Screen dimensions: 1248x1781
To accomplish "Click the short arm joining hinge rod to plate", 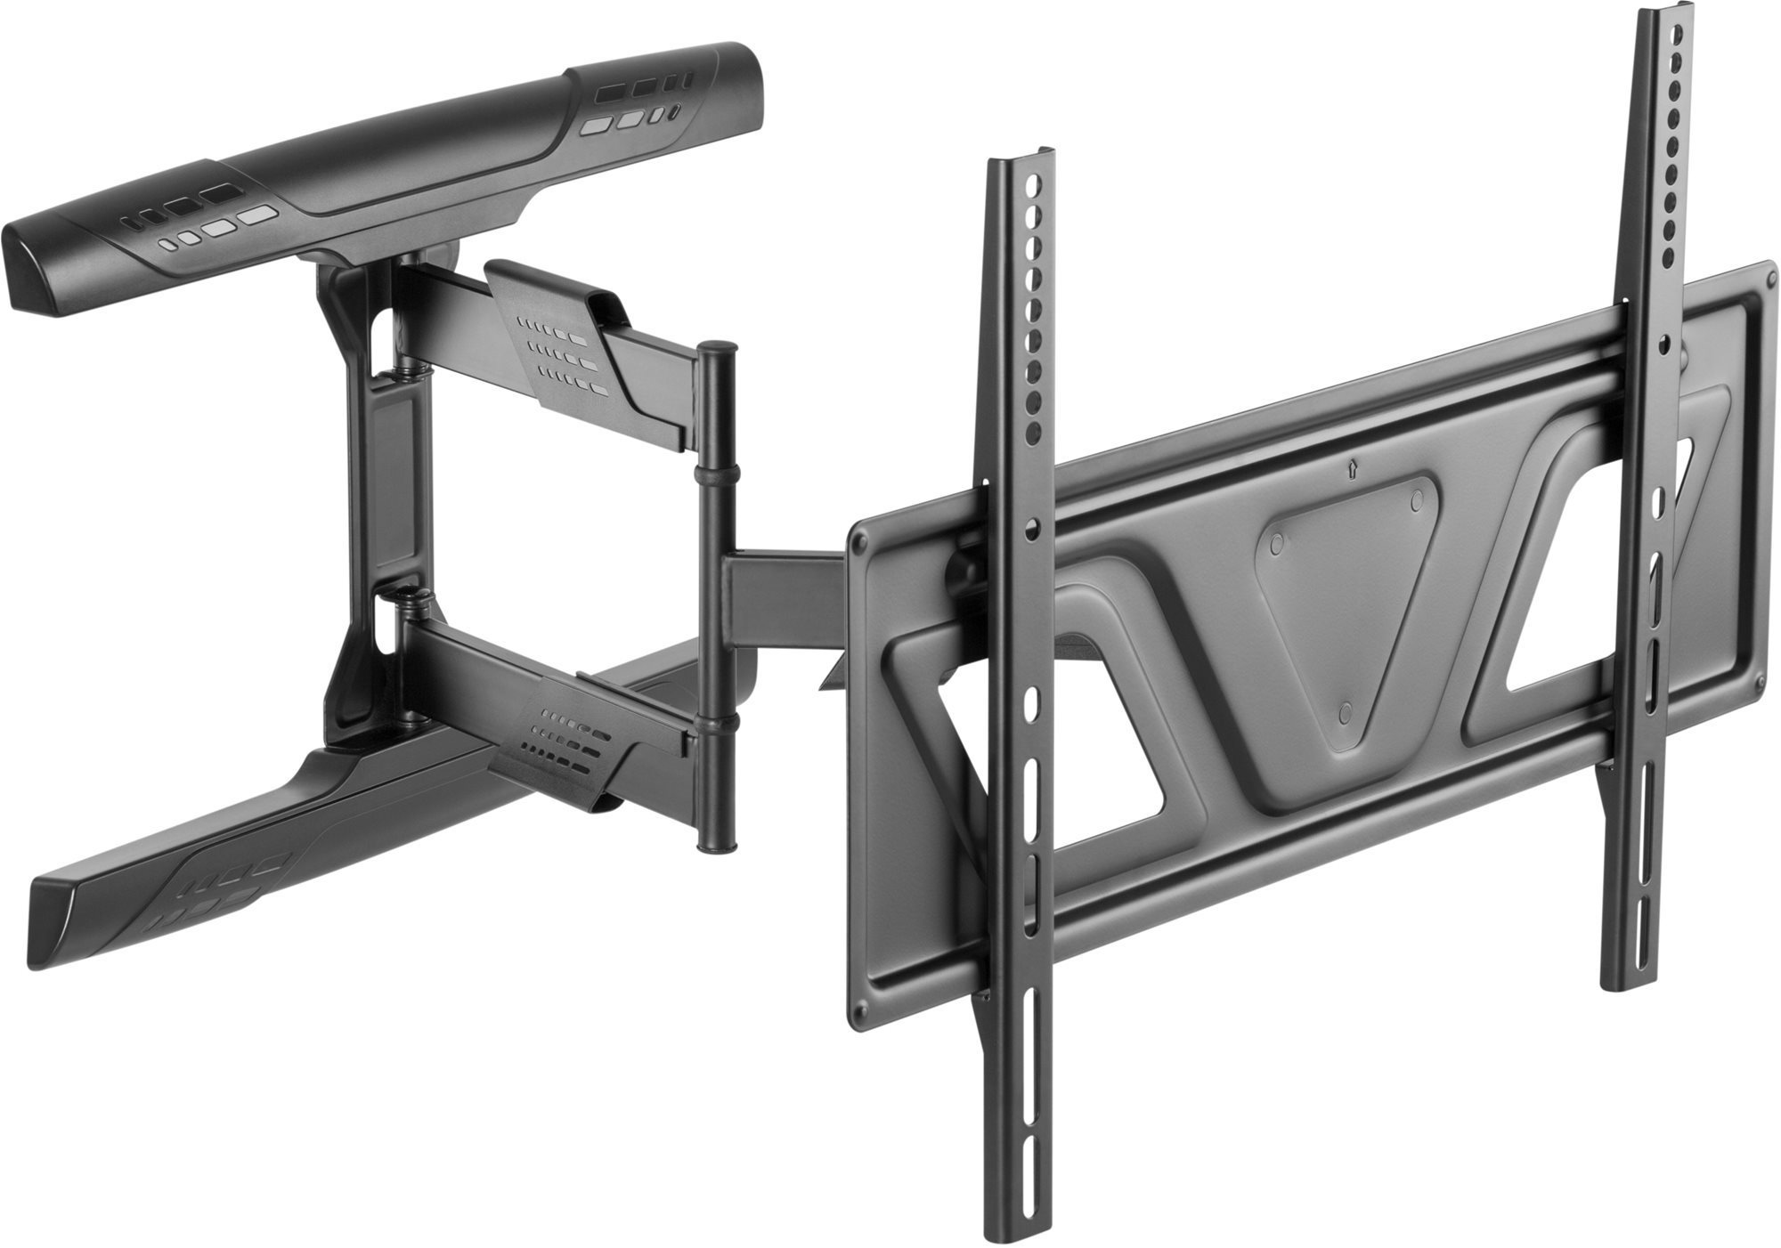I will point(784,596).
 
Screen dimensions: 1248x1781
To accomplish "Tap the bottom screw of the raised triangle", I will point(1346,711).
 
